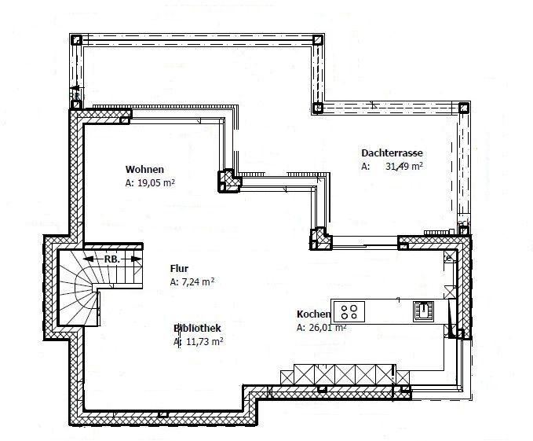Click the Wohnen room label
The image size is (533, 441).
pos(144,170)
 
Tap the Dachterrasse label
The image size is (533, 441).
pos(392,153)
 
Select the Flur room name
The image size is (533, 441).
pos(179,269)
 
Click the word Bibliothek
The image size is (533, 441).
pos(197,328)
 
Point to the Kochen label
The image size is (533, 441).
pos(313,314)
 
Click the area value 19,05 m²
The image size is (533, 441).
pos(156,183)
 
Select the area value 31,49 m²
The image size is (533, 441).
pos(404,167)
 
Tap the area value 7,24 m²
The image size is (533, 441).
pos(198,282)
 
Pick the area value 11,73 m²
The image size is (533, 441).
pos(205,342)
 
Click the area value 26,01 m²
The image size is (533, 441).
pos(327,327)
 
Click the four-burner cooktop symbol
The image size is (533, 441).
pos(349,312)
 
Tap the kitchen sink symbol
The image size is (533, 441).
pos(423,311)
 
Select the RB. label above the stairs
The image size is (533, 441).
pos(112,259)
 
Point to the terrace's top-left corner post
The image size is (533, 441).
pos(76,40)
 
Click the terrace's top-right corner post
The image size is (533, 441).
pos(317,40)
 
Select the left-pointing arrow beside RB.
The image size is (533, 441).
pos(93,259)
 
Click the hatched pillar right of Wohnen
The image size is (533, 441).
pos(229,181)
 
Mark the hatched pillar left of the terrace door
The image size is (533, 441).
pos(320,238)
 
